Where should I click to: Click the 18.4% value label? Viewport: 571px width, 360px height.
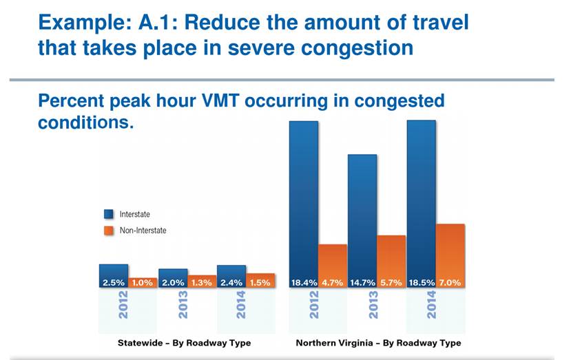[x=304, y=282]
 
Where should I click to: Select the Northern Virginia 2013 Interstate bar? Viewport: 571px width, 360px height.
[x=362, y=221]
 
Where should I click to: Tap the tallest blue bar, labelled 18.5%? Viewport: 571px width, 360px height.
[x=422, y=204]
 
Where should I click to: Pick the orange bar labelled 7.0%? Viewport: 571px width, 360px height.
[x=450, y=256]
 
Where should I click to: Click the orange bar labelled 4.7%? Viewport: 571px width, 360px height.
[x=333, y=266]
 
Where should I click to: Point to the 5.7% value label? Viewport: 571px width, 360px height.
[x=391, y=282]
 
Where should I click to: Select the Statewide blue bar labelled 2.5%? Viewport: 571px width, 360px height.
[x=114, y=276]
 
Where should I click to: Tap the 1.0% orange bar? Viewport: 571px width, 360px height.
[x=143, y=283]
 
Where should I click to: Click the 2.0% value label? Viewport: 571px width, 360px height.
[x=173, y=282]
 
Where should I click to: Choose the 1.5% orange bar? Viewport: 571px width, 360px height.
[x=260, y=281]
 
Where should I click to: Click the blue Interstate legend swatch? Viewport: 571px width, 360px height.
[x=109, y=214]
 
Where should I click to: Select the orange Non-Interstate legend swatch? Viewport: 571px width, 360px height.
[x=109, y=231]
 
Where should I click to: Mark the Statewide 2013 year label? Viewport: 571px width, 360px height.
[x=183, y=304]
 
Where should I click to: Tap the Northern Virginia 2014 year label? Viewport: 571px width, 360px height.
[x=432, y=304]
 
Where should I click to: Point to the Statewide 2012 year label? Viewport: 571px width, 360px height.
[x=123, y=304]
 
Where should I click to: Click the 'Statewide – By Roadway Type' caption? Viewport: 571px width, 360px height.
[x=185, y=343]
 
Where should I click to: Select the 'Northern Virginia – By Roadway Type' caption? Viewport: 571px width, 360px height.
[x=378, y=343]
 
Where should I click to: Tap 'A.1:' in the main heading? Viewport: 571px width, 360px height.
[x=158, y=22]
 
